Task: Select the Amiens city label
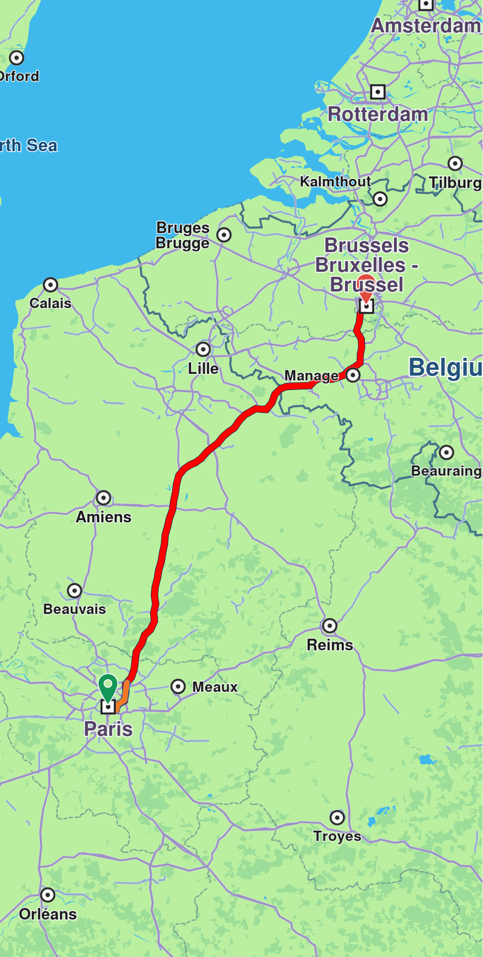click(104, 517)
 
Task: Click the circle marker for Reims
click(330, 626)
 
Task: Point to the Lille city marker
click(203, 349)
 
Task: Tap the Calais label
click(51, 303)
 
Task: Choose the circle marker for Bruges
click(224, 234)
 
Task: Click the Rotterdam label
click(378, 114)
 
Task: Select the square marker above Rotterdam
click(378, 92)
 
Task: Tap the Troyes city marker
click(337, 817)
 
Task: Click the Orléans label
click(48, 914)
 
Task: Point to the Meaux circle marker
click(178, 686)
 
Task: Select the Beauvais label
click(75, 609)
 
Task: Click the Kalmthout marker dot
click(380, 199)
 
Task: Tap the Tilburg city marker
click(455, 163)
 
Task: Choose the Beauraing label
click(446, 471)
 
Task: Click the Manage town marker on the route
click(353, 375)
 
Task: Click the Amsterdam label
click(426, 25)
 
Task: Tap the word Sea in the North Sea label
click(42, 145)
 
